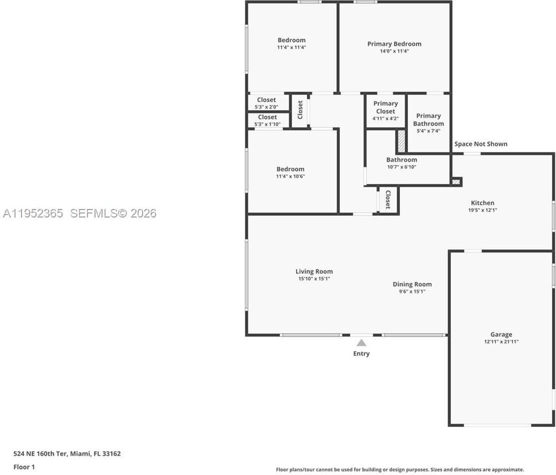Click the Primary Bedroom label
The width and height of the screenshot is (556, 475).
point(394,44)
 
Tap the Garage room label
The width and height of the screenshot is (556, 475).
point(501,334)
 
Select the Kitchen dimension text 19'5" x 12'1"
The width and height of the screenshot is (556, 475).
point(482,210)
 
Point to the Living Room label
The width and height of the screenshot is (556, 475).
point(314,271)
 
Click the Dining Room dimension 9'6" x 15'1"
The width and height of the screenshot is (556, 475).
point(412,291)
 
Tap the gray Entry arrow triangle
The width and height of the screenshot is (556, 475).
point(361,342)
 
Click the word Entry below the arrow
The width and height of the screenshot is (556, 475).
point(361,353)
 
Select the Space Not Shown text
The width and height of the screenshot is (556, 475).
point(481,144)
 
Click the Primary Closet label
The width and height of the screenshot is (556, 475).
point(385,107)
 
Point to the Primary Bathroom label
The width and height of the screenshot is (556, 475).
point(428,120)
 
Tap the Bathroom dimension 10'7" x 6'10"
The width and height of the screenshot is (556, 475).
point(402,167)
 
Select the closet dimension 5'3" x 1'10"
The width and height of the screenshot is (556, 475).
point(267,124)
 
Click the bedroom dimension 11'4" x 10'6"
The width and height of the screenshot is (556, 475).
point(290,176)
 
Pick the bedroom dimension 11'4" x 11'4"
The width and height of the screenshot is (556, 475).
point(291,47)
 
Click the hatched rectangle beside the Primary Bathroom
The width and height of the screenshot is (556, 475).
point(401,141)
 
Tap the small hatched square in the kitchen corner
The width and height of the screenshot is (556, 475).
point(456,181)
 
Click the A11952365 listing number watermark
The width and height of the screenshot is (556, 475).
point(32,213)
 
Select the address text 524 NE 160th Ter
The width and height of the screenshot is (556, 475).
point(40,453)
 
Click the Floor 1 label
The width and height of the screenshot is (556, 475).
point(24,467)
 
